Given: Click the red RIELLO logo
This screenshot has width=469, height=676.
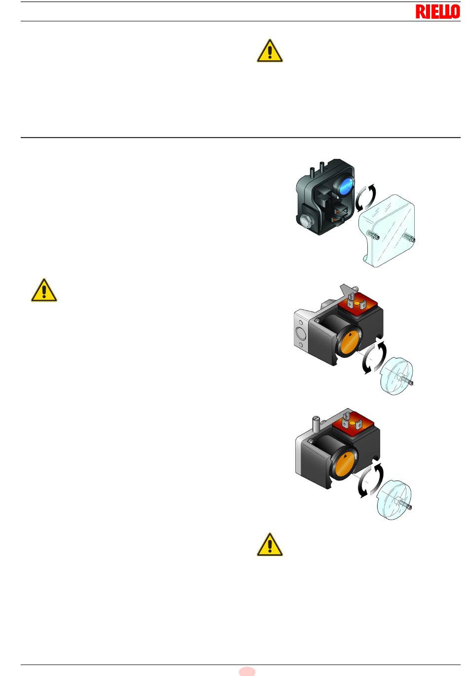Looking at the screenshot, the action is point(437,12).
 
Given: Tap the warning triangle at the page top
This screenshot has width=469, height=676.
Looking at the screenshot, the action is point(270,51).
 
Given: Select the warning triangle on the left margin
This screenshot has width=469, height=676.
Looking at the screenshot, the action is point(44,290).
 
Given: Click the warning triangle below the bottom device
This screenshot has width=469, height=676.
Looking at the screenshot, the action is point(270,544).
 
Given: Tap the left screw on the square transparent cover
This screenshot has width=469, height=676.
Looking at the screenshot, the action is point(373,235).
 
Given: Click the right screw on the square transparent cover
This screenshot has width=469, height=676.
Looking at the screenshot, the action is point(409,238).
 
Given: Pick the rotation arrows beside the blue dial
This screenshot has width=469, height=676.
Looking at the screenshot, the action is point(366,198).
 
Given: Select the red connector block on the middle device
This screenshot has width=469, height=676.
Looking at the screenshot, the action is point(360,303).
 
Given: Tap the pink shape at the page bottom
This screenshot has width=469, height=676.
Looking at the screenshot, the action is point(247,672).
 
